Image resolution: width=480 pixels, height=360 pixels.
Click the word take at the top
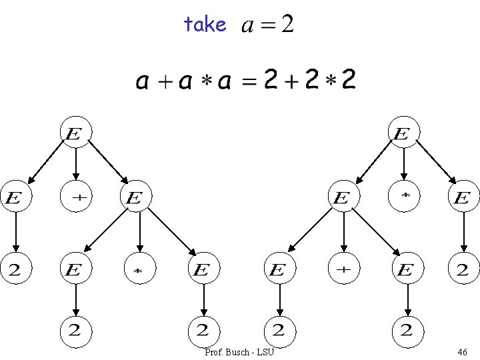205,25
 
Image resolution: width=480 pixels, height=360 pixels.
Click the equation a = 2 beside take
267,25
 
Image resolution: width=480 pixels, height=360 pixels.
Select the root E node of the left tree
75,133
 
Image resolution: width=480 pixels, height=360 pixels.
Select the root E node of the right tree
403,133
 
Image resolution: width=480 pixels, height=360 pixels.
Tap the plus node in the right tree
343,270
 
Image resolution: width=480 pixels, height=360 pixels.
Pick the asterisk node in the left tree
139,270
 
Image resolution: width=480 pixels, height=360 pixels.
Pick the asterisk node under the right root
404,198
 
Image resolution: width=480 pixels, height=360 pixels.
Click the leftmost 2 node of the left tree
15,270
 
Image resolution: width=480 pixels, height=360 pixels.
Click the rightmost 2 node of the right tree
463,270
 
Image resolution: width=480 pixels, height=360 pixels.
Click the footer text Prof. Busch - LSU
239,351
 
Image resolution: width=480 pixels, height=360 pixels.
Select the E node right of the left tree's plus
135,198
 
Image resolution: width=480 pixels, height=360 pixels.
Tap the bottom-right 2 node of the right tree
407,329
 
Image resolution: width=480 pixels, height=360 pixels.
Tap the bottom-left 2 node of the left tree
75,329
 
